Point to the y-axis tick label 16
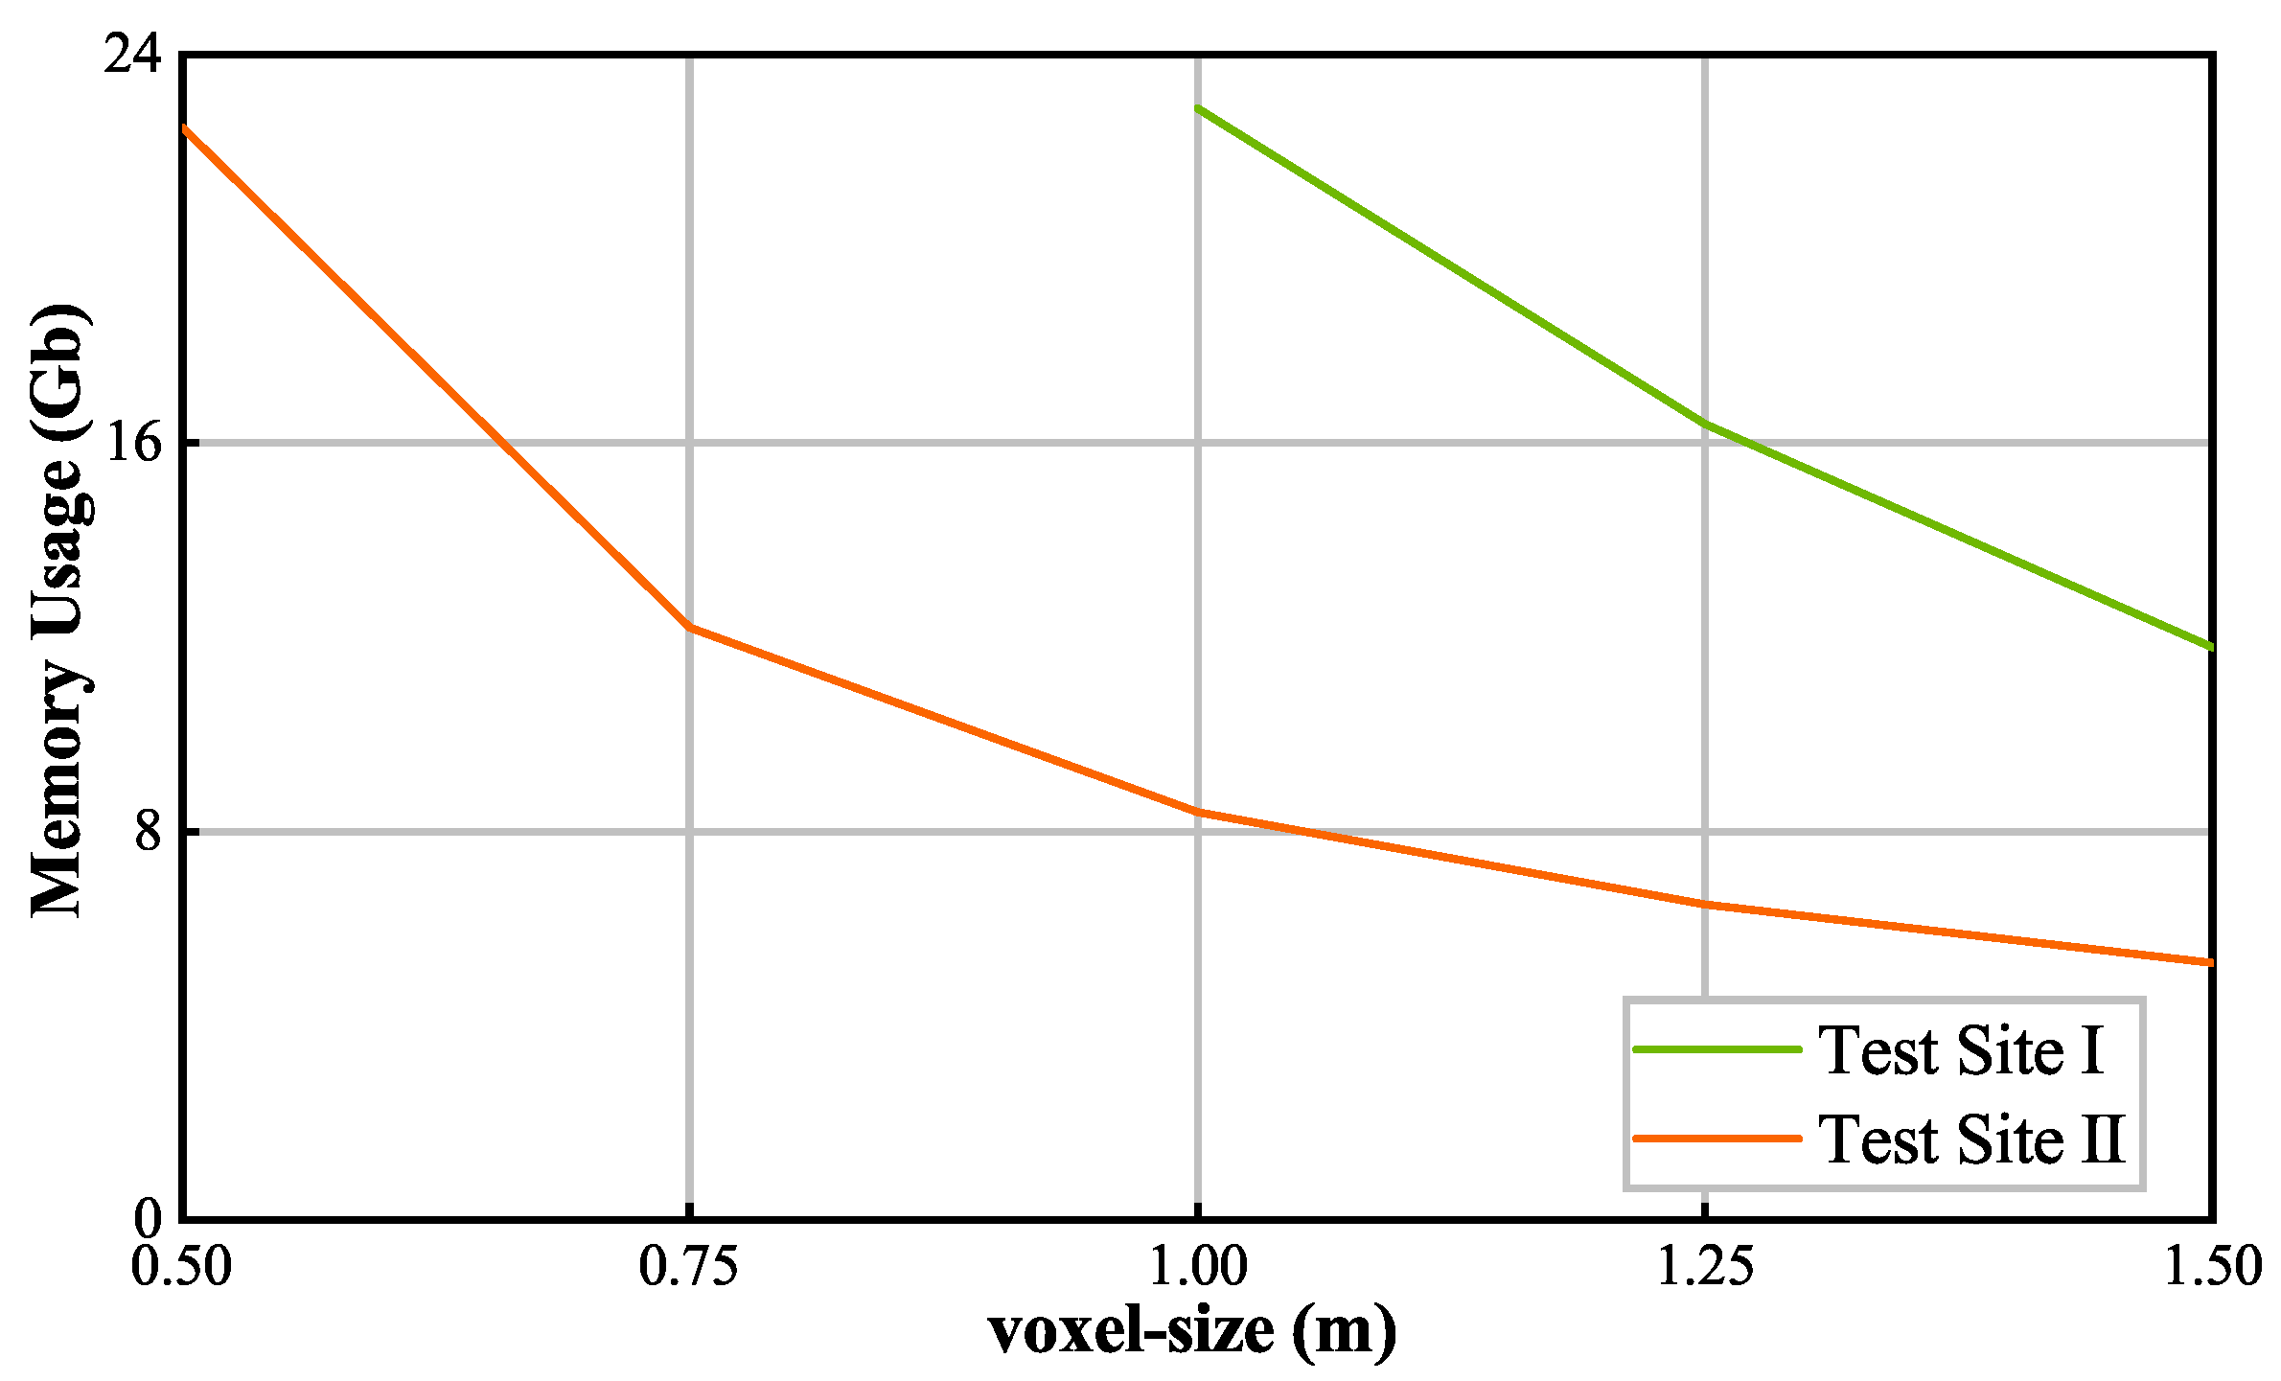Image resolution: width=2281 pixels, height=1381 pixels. pos(133,443)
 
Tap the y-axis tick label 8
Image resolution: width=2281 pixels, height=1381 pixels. pos(148,832)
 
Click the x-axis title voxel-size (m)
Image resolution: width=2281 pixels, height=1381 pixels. pos(1193,1332)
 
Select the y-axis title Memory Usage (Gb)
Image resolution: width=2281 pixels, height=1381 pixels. pos(59,610)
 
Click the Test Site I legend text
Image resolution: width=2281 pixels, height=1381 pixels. pos(1961,1050)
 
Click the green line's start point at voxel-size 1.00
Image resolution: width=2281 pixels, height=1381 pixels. pos(1197,108)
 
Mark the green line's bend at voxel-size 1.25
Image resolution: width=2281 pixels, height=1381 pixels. pos(1704,423)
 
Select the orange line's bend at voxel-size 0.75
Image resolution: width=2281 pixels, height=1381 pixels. pos(689,627)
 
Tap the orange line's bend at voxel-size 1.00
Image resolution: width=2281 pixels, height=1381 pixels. pos(1197,812)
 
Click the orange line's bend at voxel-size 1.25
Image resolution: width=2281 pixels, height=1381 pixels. pos(1704,904)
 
